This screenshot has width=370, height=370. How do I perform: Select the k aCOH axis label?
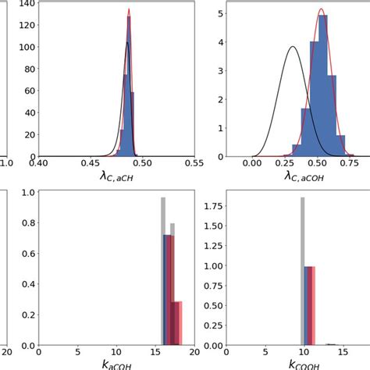[x=116, y=364]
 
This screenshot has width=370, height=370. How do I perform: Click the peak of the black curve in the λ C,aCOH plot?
[x=292, y=47]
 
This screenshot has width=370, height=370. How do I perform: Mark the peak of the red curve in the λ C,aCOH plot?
[x=321, y=10]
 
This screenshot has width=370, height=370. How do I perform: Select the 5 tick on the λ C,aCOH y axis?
[x=222, y=13]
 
